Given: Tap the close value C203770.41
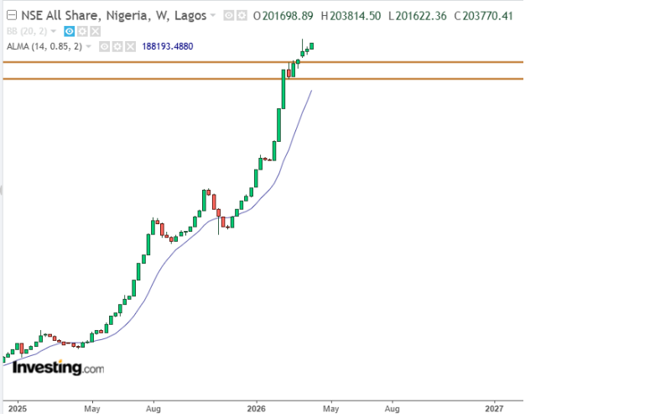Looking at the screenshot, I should [481, 15].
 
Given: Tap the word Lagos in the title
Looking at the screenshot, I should [188, 15].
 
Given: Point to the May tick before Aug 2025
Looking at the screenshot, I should [93, 409].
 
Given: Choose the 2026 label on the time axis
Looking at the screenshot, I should [257, 409].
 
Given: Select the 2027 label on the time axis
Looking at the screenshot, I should [494, 409].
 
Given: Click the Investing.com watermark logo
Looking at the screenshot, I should [58, 368].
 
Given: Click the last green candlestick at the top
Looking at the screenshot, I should [312, 45].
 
